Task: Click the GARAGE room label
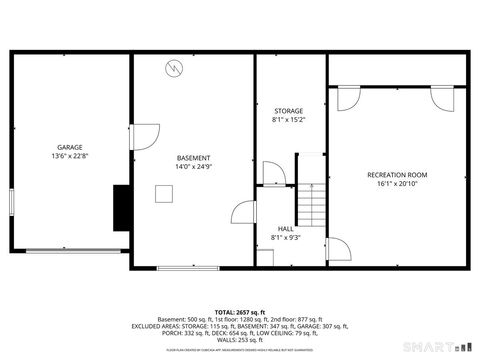[x=69, y=147]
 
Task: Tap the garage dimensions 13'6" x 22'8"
[x=69, y=156]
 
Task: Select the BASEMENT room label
[x=193, y=158]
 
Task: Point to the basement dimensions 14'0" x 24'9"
[x=193, y=167]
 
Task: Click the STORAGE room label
[x=288, y=111]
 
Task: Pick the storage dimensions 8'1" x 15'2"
[x=288, y=120]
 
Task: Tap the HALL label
[x=286, y=228]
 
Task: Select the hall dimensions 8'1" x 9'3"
[x=286, y=238]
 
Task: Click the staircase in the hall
[x=315, y=205]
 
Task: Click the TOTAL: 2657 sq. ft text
[x=239, y=312]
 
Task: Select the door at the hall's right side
[x=337, y=249]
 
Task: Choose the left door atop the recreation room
[x=349, y=99]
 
